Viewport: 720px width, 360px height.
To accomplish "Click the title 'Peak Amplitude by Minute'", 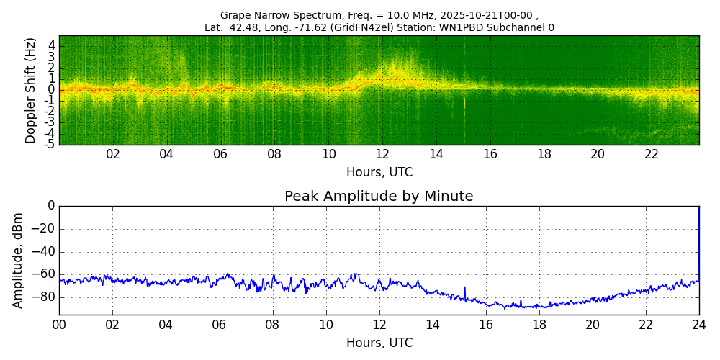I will pyautogui.click(x=379, y=197).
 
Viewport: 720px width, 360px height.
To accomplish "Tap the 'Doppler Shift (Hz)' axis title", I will pyautogui.click(x=31, y=91).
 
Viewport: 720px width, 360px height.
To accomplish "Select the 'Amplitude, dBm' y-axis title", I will pyautogui.click(x=19, y=260).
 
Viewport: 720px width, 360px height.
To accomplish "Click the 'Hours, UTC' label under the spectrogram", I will pyautogui.click(x=379, y=173).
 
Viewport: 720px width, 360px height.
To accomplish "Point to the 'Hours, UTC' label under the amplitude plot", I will pyautogui.click(x=379, y=343).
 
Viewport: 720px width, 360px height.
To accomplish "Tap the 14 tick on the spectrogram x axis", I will pyautogui.click(x=436, y=154).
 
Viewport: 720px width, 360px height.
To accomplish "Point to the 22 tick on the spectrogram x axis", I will pyautogui.click(x=652, y=154).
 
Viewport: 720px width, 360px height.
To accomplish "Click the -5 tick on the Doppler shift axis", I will pyautogui.click(x=50, y=144).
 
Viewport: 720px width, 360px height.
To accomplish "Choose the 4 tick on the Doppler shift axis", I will pyautogui.click(x=52, y=45).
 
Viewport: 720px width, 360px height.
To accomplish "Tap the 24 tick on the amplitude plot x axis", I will pyautogui.click(x=699, y=324).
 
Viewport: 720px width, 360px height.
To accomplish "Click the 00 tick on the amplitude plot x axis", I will pyautogui.click(x=59, y=324).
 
